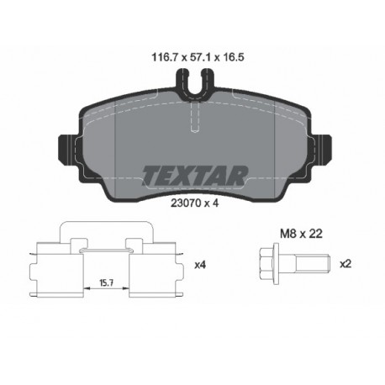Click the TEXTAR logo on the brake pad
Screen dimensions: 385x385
tap(193, 174)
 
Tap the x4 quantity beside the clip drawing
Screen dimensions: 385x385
tap(200, 265)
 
